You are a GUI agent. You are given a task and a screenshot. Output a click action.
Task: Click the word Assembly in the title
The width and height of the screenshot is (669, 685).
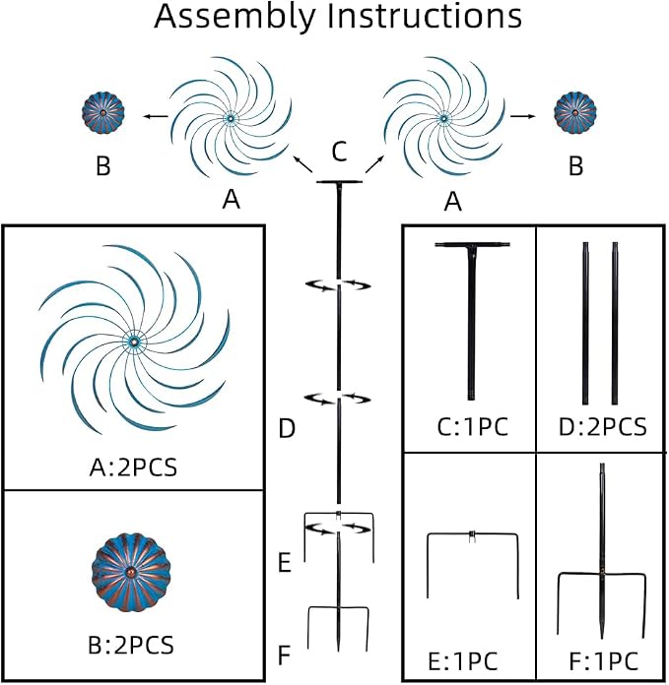(x=234, y=16)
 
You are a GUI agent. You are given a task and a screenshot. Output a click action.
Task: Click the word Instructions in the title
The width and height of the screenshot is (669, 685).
(x=424, y=16)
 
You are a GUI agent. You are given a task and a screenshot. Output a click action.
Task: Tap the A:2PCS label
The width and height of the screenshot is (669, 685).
(x=133, y=467)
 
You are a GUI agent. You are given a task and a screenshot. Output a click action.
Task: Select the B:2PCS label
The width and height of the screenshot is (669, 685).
(x=131, y=645)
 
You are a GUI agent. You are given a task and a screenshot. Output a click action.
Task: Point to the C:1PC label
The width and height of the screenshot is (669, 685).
(x=473, y=427)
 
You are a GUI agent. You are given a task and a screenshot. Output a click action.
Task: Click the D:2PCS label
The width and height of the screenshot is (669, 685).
(x=602, y=427)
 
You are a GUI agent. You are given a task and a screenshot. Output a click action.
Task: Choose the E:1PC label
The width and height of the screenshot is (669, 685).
(x=463, y=661)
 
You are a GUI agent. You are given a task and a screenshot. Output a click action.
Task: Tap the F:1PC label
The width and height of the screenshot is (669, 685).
(x=603, y=661)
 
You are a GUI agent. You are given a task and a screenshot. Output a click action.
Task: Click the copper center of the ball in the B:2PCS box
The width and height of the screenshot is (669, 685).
(x=131, y=572)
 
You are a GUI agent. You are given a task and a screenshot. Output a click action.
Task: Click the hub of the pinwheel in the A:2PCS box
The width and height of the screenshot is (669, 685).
(x=134, y=341)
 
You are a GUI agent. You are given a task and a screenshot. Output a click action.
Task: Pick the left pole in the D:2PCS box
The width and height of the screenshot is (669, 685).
(x=585, y=323)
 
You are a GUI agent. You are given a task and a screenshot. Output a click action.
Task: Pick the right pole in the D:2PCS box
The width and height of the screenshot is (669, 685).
(x=615, y=323)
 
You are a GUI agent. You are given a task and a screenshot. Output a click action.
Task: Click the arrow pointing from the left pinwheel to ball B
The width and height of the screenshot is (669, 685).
(x=156, y=116)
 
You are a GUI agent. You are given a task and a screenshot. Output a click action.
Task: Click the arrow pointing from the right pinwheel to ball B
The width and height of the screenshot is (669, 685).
(x=522, y=116)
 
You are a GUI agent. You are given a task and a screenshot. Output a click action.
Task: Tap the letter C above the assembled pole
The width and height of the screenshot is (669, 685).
(x=339, y=152)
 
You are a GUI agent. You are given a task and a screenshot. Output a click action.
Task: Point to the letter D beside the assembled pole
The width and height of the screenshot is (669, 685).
(x=287, y=428)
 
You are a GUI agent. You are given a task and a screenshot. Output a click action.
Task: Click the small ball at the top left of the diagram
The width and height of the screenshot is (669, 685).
(x=102, y=113)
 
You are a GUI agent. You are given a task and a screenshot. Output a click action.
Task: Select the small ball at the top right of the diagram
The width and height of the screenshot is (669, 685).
(x=575, y=113)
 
